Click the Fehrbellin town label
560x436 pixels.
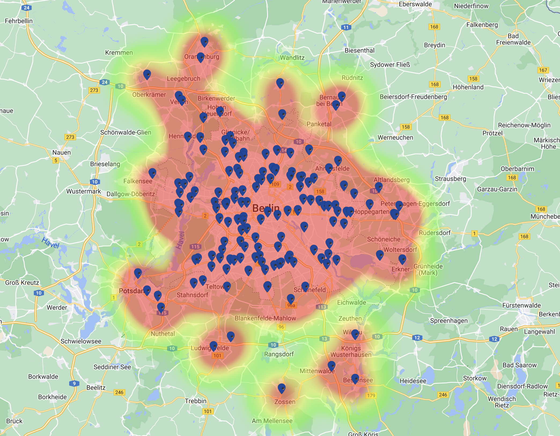[19, 21]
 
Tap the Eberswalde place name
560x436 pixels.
[415, 4]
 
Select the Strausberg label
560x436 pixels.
[450, 179]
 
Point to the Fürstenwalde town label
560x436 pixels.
[521, 305]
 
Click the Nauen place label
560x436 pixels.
[61, 152]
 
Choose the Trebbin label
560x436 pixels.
[196, 401]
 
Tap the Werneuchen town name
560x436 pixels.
[395, 137]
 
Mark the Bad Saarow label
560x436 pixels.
[520, 365]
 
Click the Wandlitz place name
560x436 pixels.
[292, 58]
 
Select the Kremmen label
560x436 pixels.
[119, 52]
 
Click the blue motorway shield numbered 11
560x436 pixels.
[346, 27]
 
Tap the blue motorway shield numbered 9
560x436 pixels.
[74, 383]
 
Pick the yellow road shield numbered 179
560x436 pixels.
[371, 396]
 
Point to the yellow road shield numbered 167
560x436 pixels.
[543, 70]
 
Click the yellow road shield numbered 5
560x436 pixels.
[56, 160]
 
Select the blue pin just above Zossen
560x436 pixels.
[282, 388]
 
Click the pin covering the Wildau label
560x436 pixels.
[355, 334]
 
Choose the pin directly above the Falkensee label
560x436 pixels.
[152, 173]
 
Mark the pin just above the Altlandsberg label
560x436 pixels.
[379, 187]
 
